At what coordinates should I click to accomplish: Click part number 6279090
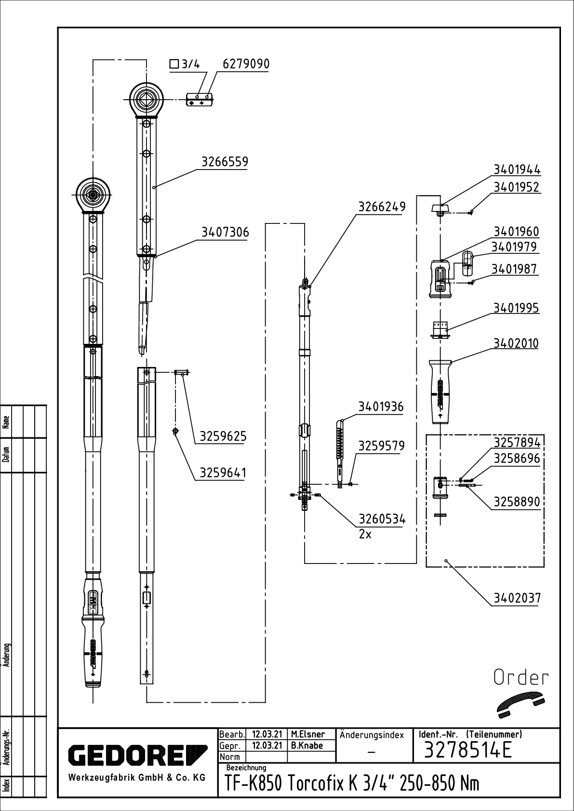coord(246,64)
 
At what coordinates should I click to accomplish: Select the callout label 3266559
coord(225,161)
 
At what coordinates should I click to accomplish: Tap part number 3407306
coord(225,232)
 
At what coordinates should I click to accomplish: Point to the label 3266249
coord(382,207)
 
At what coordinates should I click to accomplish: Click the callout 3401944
coord(517,170)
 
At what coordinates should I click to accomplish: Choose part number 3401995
coord(516,308)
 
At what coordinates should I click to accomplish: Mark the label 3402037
coord(517,598)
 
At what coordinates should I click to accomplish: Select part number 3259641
coord(223,473)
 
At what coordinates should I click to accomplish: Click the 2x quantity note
coord(365,535)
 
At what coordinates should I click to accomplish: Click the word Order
coord(521,678)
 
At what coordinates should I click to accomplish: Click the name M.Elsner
coord(308,734)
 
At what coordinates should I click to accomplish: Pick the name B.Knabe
coord(307,746)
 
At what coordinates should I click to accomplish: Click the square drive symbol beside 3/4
coord(174,65)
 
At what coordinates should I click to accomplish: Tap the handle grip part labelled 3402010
coord(441,392)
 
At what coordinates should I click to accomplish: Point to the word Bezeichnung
coord(246,768)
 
